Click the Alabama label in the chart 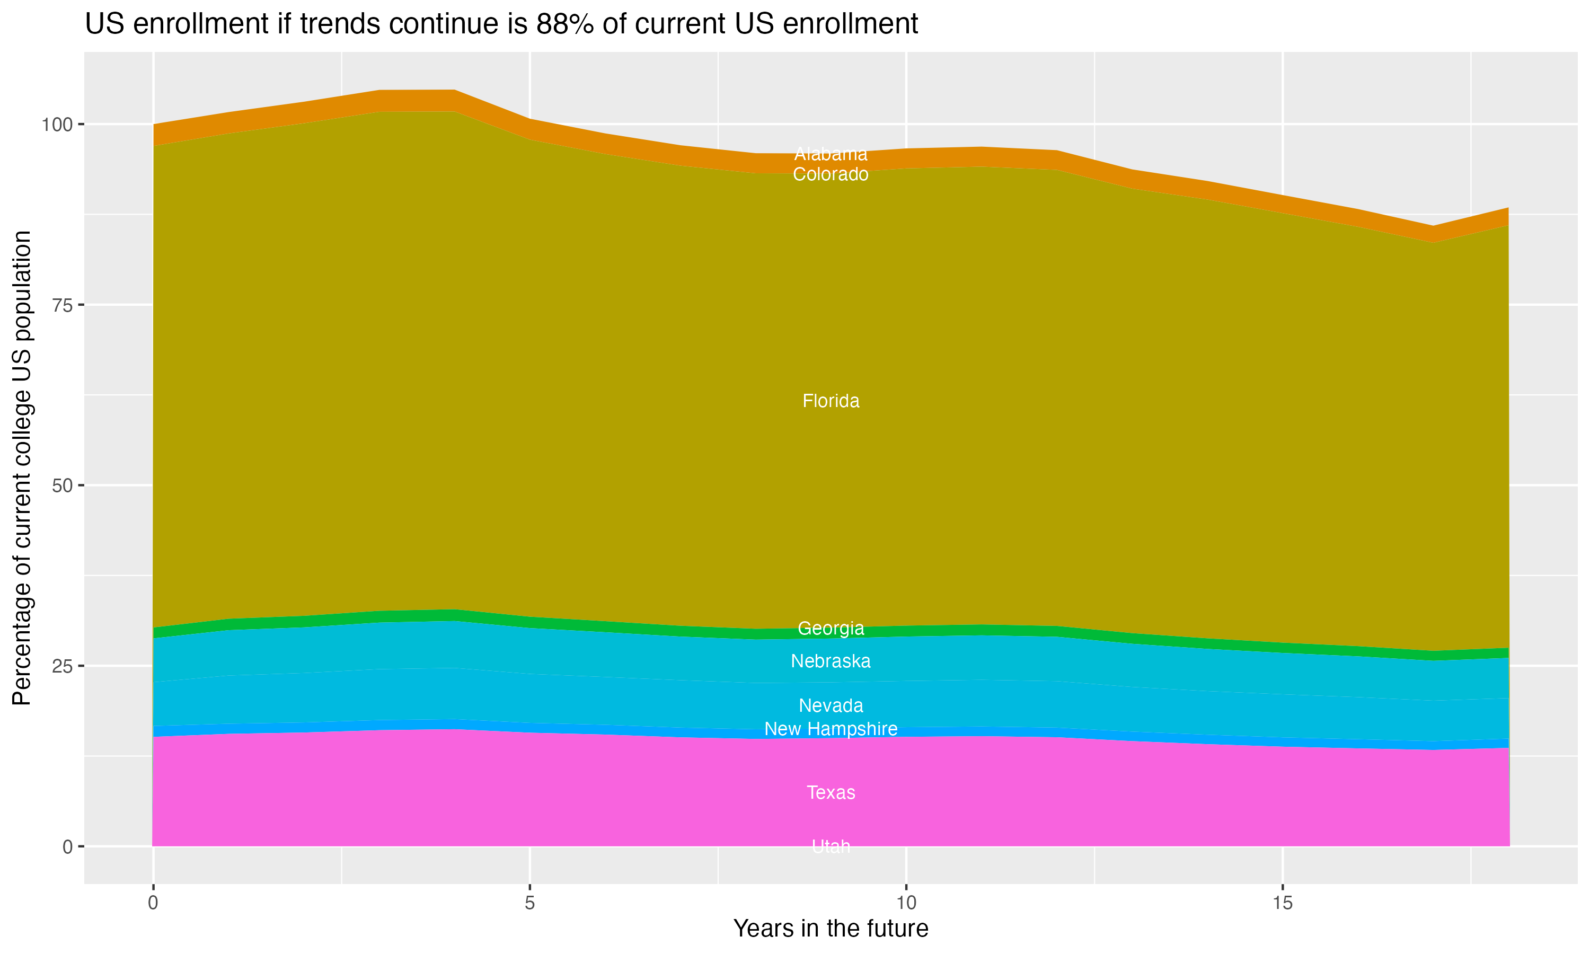pos(831,154)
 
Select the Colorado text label pos(831,174)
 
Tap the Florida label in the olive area pos(831,401)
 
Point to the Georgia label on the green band pos(831,628)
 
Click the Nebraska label pos(831,661)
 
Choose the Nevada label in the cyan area pos(831,705)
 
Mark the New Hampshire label pos(831,729)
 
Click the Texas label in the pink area pos(831,793)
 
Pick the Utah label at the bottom pos(831,846)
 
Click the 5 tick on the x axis pos(529,903)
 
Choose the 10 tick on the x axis pos(906,903)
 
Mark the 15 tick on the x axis pos(1282,903)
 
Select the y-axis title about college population pos(22,467)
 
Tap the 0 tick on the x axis pos(153,903)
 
